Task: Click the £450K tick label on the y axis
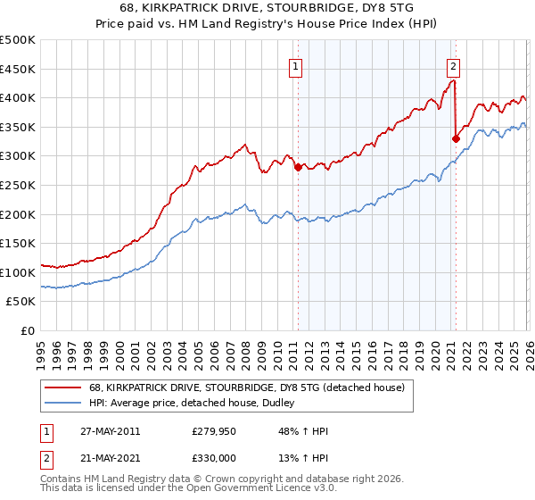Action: (18, 69)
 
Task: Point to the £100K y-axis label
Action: (18, 272)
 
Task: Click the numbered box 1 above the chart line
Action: (295, 64)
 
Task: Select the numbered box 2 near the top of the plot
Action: (453, 64)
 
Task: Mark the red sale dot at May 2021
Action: (456, 138)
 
